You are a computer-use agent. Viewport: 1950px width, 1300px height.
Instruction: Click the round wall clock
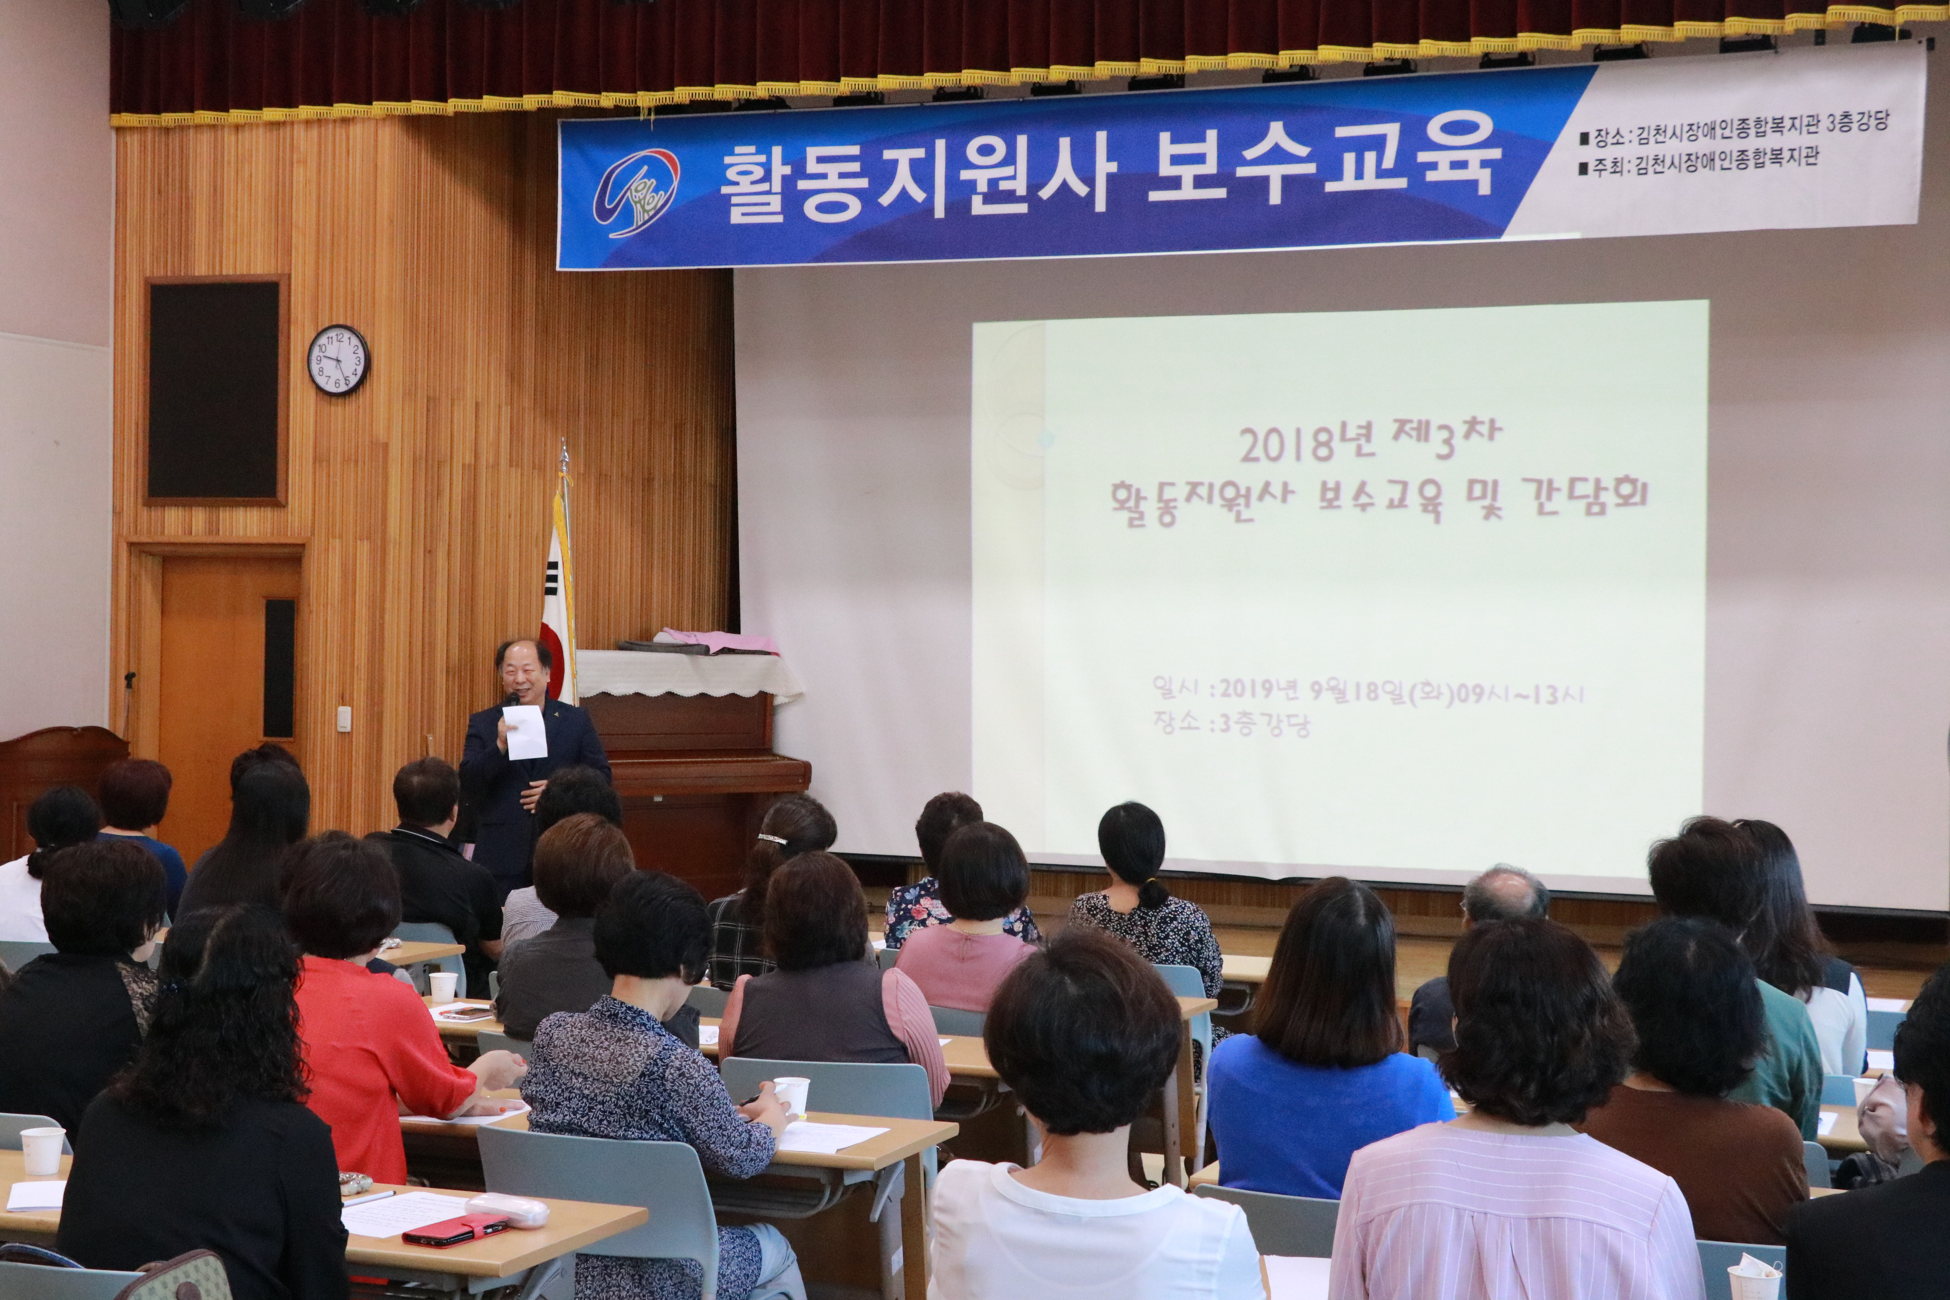click(339, 360)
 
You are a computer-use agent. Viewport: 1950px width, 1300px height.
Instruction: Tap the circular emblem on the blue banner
click(636, 193)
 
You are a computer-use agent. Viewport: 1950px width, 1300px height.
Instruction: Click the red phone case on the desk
click(455, 1229)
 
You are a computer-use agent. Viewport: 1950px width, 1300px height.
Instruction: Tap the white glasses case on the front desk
click(507, 1210)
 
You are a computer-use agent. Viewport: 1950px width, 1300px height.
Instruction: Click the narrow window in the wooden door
click(279, 668)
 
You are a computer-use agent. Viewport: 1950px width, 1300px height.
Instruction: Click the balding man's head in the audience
click(1505, 895)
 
